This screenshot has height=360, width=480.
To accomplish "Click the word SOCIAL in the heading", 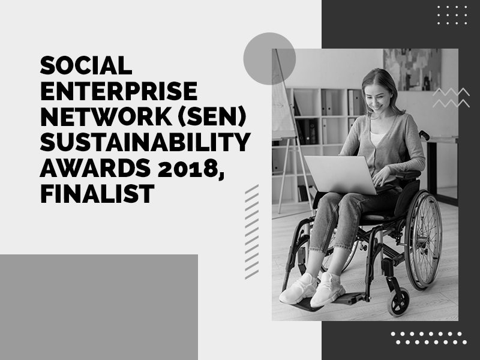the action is (86, 65).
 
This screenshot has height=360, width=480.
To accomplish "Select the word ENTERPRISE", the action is (119, 91).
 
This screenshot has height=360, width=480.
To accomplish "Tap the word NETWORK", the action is (106, 116).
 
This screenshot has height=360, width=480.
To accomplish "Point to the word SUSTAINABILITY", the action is (145, 142).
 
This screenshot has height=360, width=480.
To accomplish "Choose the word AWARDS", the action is (95, 168).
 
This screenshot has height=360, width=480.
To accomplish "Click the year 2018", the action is (188, 168).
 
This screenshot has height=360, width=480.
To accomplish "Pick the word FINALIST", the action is (97, 194).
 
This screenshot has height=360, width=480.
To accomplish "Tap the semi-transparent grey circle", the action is (269, 58).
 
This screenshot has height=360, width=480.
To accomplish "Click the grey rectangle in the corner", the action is (99, 307).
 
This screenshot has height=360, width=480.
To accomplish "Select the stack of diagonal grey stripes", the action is (251, 232).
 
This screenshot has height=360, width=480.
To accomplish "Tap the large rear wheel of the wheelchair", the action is (424, 240).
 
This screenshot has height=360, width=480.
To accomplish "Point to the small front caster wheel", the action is (398, 302).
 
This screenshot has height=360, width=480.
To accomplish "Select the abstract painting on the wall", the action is (412, 70).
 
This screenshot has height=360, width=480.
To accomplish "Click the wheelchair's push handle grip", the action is (424, 135).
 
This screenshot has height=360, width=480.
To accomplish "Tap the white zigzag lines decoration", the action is (451, 97).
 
